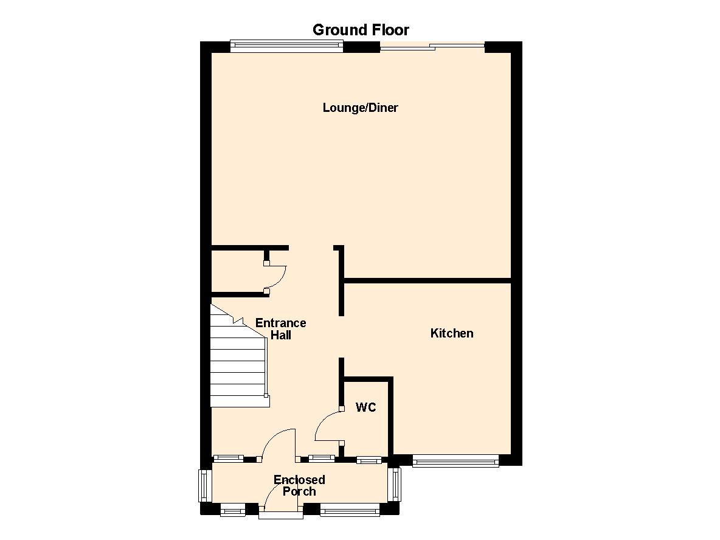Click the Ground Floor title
361,30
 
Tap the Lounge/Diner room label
361,108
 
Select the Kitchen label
452,333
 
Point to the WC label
366,407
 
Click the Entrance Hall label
280,329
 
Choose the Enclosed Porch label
299,485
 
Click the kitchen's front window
455,460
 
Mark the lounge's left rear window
286,46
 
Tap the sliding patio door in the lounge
432,46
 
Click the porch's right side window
395,485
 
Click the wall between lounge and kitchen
427,280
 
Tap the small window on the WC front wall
369,459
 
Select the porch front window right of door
350,509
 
